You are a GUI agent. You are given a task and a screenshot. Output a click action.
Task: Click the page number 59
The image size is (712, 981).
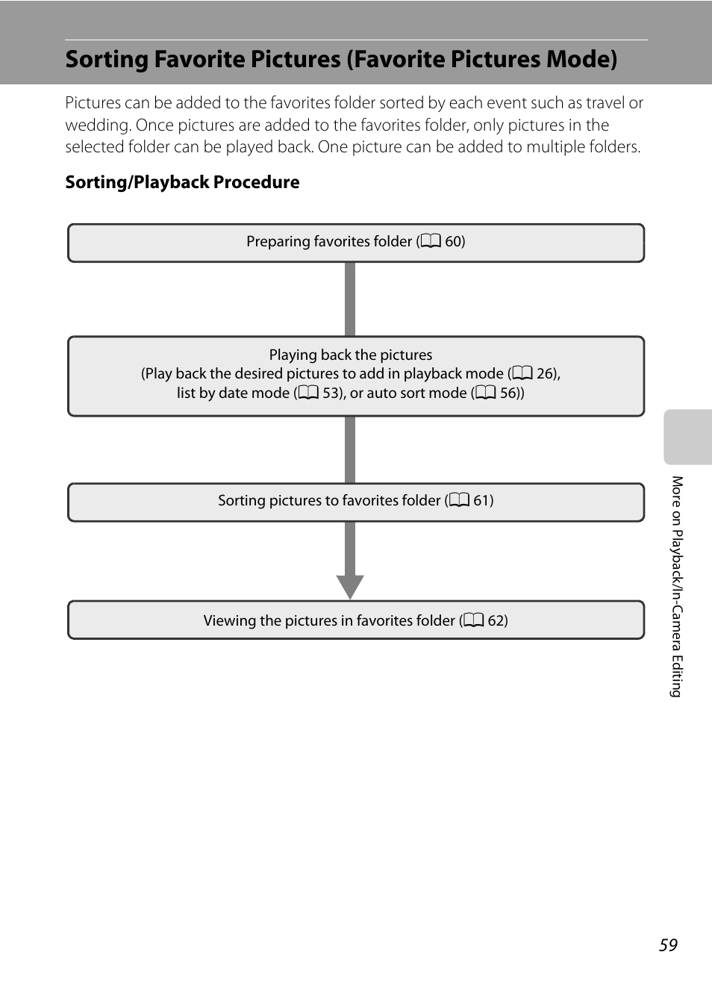click(668, 945)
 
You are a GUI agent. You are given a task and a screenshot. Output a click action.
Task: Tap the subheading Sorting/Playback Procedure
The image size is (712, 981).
click(182, 182)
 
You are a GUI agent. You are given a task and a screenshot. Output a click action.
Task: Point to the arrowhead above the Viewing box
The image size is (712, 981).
click(350, 586)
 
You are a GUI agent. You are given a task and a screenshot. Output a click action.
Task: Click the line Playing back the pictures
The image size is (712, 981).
click(351, 355)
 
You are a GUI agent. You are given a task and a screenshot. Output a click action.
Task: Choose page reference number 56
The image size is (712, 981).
click(508, 393)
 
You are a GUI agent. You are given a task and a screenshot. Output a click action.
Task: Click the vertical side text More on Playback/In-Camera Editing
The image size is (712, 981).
click(676, 586)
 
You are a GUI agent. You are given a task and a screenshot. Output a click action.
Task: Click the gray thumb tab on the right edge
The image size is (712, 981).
click(687, 437)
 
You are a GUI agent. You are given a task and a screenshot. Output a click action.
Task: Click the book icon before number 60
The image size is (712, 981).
click(431, 241)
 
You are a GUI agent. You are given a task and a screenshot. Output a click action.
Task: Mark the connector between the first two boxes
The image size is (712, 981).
click(350, 299)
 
